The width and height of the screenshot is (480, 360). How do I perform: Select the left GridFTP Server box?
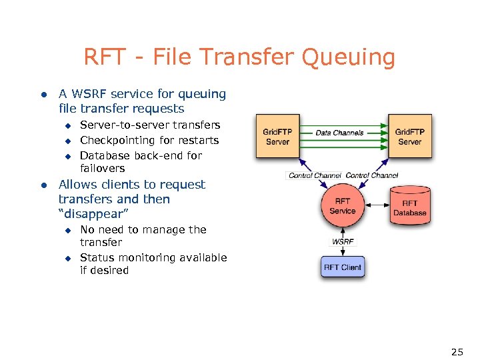(x=277, y=137)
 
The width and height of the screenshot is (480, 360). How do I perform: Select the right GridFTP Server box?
(x=409, y=137)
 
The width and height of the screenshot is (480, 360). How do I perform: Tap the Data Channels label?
(x=339, y=133)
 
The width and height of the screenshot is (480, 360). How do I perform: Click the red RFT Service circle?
(x=343, y=206)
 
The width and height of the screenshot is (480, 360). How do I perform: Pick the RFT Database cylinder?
(x=409, y=207)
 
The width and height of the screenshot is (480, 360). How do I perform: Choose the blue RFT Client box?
(x=343, y=267)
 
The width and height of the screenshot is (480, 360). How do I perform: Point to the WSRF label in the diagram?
(x=343, y=241)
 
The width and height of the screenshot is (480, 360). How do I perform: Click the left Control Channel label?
(x=314, y=175)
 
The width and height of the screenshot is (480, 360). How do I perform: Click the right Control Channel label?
(x=372, y=175)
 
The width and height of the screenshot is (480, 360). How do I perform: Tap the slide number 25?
(x=457, y=351)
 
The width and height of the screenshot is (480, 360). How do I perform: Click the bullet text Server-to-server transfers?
(x=150, y=125)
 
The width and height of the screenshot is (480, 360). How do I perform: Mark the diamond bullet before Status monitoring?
(x=67, y=258)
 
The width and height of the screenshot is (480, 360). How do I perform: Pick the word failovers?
(x=102, y=169)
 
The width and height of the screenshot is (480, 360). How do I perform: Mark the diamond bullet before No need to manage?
(x=67, y=230)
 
